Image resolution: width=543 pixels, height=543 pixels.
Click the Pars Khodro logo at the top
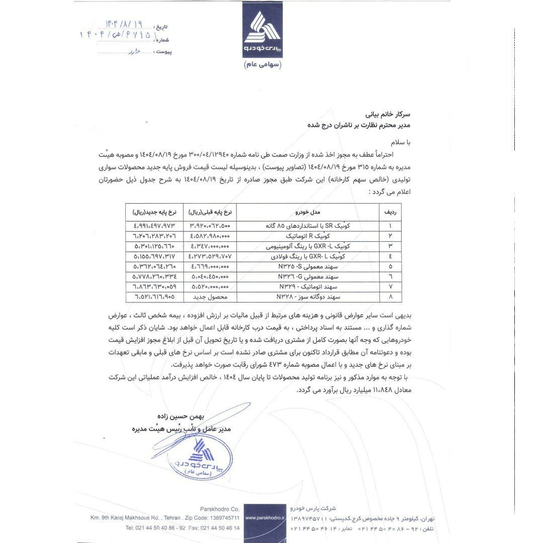(264, 34)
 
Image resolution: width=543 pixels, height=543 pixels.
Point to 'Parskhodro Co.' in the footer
(219, 508)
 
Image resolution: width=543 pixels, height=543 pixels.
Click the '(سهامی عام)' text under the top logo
(263, 65)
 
